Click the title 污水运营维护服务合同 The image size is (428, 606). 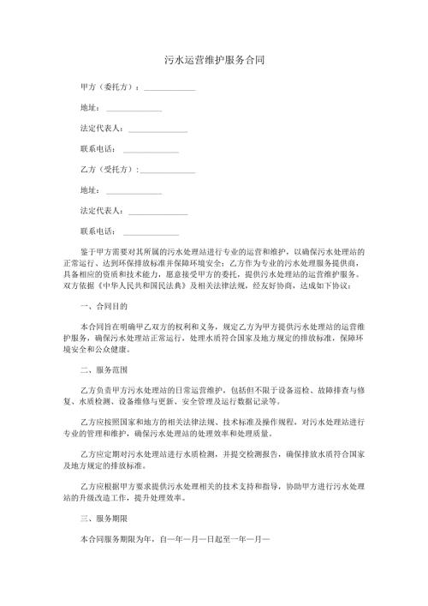[213, 62]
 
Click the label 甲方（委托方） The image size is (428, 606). [108, 88]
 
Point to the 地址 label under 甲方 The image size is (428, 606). [88, 109]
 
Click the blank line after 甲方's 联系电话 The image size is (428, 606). [151, 151]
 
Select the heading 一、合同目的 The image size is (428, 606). [102, 306]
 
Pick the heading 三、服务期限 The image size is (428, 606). [102, 519]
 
